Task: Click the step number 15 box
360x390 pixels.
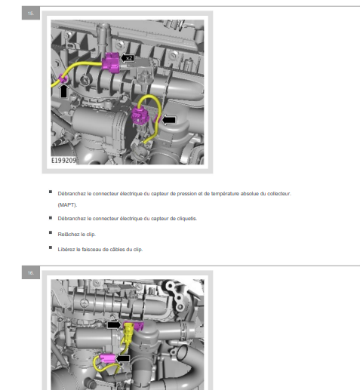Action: click(31, 13)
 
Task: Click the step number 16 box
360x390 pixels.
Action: click(31, 272)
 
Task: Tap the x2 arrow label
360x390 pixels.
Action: click(128, 58)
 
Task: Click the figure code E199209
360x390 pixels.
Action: click(63, 161)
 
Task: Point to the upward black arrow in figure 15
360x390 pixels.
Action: click(64, 91)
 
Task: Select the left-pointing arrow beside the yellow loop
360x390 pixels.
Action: click(168, 120)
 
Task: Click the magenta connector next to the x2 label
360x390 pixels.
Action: click(111, 63)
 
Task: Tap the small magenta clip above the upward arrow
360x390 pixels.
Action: click(63, 79)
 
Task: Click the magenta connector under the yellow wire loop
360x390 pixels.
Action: click(140, 115)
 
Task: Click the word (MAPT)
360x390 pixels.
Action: click(67, 205)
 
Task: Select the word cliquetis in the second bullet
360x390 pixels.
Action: click(187, 219)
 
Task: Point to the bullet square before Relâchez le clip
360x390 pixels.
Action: click(51, 232)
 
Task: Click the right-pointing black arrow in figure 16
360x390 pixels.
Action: click(115, 325)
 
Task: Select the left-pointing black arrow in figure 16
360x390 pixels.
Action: click(123, 358)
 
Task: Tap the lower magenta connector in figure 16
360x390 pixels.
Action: click(107, 358)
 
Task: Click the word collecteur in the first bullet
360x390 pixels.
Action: click(279, 194)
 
